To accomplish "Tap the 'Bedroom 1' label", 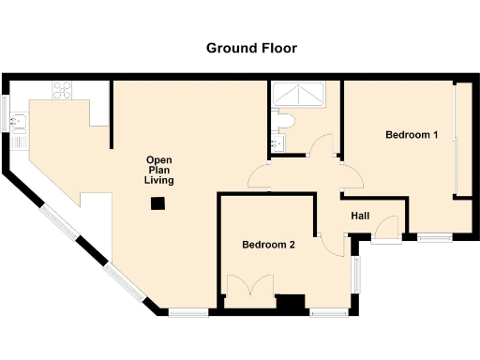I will (x=412, y=135).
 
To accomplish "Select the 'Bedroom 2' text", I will (x=268, y=246).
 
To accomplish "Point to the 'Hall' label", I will (x=360, y=217).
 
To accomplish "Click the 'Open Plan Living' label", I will (x=158, y=170).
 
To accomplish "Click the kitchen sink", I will (x=20, y=120).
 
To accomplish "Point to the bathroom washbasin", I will (x=277, y=142).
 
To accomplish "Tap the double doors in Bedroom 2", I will (x=250, y=286).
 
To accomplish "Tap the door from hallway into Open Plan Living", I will (x=259, y=173).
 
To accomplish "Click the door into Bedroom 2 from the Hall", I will (x=329, y=241).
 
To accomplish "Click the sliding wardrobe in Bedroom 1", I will (x=457, y=141).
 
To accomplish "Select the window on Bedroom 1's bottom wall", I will (x=433, y=237).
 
